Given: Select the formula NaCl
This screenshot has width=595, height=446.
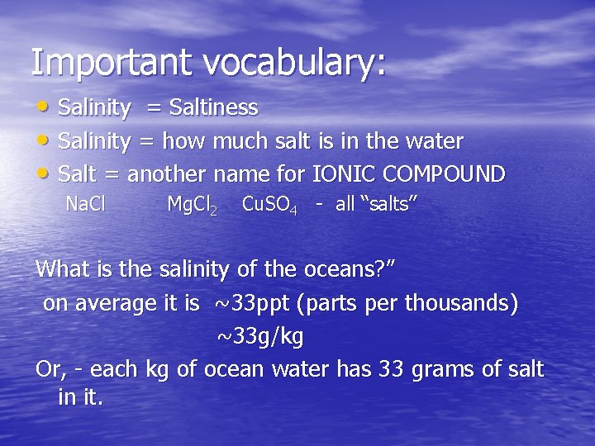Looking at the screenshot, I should pos(85,204).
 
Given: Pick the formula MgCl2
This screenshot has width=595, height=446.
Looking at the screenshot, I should pos(192,205).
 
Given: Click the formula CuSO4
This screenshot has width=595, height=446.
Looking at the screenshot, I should pos(269,205).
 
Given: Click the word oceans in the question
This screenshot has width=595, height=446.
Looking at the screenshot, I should pos(345,269).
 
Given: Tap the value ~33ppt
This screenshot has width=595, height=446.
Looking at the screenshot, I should pos(251,304).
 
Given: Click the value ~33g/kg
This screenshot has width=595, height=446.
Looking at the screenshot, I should pos(259,336).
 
